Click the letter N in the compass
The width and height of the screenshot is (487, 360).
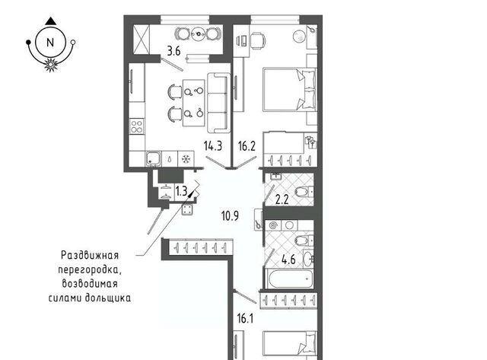[50, 43]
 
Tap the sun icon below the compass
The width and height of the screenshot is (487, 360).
[50, 65]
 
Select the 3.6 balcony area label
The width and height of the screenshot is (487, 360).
[174, 51]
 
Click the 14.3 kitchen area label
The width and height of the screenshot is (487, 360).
[213, 145]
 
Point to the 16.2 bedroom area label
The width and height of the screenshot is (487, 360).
[247, 145]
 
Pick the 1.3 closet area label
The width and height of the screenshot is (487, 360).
[181, 191]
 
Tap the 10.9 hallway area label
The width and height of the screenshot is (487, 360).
[230, 215]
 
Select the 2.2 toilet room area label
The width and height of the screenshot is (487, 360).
[282, 199]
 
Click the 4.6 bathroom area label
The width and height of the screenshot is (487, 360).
[288, 260]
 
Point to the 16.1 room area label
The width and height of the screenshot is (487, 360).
[245, 318]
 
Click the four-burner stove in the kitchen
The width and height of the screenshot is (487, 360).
[137, 126]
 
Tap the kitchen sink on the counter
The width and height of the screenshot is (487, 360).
[153, 159]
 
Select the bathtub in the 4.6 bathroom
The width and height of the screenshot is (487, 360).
[289, 278]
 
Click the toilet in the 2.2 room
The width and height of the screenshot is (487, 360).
[304, 191]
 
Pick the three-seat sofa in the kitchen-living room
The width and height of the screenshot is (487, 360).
[218, 103]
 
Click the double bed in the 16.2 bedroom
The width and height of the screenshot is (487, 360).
[289, 90]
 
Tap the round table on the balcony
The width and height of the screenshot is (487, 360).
[198, 33]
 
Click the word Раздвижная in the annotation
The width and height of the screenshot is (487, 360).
[90, 256]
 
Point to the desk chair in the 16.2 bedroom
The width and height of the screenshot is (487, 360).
[258, 40]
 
